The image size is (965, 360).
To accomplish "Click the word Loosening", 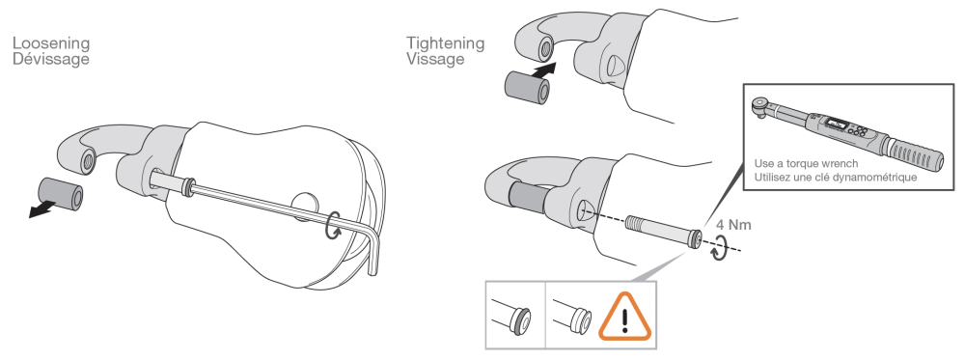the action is click(x=51, y=43).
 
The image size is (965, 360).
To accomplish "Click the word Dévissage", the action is click(x=51, y=59).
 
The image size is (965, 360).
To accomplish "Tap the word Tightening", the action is click(x=445, y=43).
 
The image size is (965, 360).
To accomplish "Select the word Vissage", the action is click(x=435, y=59).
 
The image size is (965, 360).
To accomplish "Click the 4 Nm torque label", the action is click(x=733, y=225).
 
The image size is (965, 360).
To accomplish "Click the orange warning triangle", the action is click(x=625, y=318).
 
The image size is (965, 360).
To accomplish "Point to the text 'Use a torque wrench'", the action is click(x=806, y=164).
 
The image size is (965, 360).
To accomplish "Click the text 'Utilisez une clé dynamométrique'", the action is click(x=835, y=178).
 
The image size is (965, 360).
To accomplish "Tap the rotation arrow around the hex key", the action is click(x=333, y=224).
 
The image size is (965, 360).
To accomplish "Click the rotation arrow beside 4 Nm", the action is click(x=718, y=251).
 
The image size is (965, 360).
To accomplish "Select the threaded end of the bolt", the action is click(x=639, y=222).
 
